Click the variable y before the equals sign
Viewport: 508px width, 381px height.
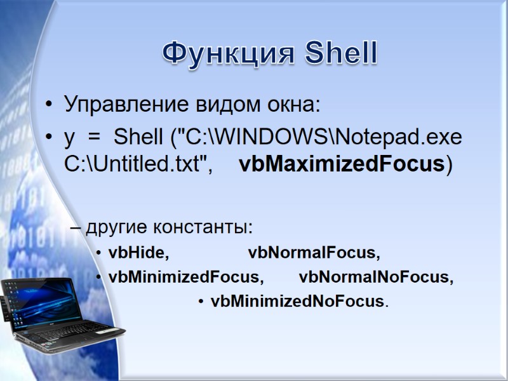[69, 138]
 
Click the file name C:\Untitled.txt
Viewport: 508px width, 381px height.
[137, 164]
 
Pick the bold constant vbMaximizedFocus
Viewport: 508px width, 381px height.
[342, 164]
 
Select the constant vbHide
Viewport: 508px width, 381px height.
[138, 253]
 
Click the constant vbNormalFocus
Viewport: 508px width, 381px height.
[314, 253]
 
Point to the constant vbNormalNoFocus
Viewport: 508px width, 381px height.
[376, 277]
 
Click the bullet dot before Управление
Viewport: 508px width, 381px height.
[48, 105]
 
